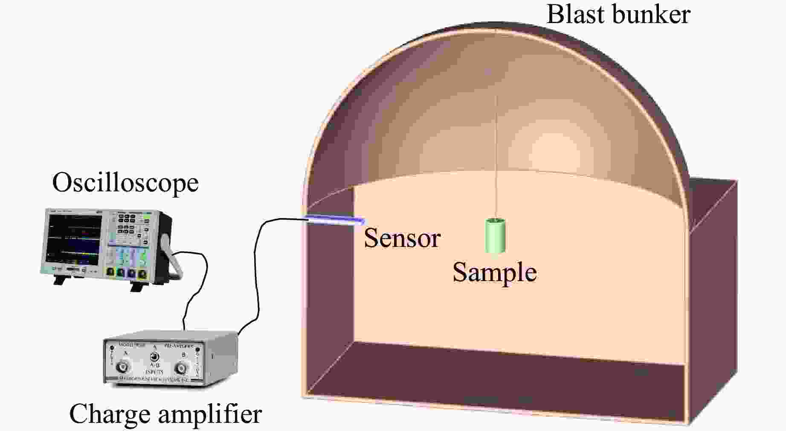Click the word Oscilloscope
125,183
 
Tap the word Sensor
402,238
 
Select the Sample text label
494,273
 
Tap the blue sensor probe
335,220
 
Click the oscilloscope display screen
75,239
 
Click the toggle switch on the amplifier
154,357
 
